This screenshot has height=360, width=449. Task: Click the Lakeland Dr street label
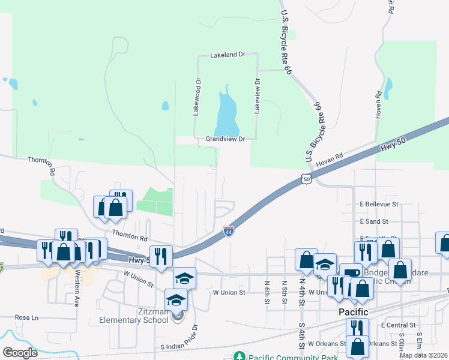228,55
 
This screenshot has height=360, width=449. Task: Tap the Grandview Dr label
226,139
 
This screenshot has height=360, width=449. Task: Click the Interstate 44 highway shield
229,231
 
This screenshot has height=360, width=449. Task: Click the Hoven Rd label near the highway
330,158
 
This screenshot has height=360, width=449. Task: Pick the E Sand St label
375,221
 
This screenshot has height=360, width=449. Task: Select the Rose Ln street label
26,317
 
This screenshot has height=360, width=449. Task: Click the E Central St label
399,325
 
